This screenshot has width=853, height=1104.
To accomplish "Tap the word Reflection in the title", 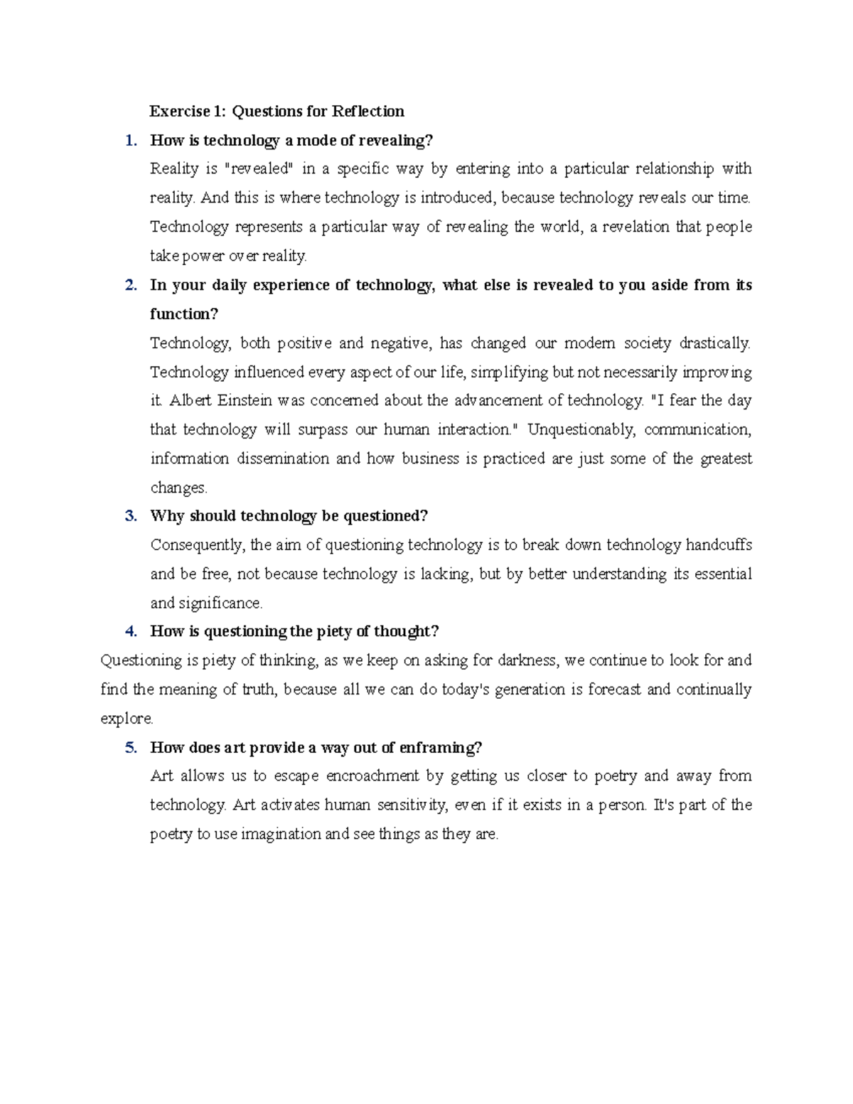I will pyautogui.click(x=368, y=111).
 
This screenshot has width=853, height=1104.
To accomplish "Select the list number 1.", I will pyautogui.click(x=130, y=140).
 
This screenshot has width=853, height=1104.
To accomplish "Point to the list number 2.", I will pyautogui.click(x=130, y=285).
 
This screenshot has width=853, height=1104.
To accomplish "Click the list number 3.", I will pyautogui.click(x=130, y=516).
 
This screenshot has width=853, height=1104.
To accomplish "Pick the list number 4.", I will pyautogui.click(x=130, y=631).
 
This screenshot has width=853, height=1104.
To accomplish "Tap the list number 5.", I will pyautogui.click(x=130, y=747).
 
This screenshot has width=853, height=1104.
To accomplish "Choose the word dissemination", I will pyautogui.click(x=282, y=459).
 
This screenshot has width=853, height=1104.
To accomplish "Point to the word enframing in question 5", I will pyautogui.click(x=440, y=747).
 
